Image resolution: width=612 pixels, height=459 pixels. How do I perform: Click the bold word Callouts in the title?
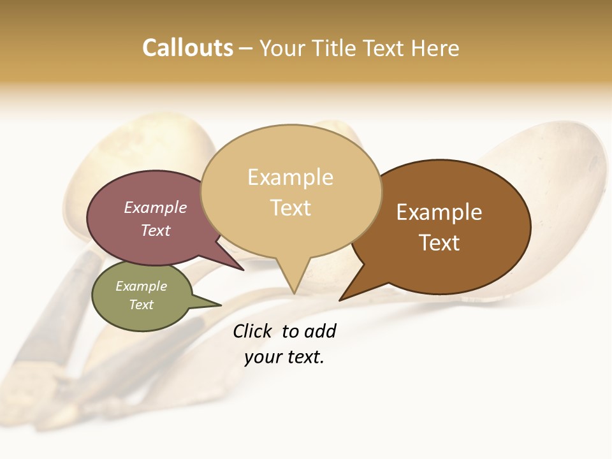[x=187, y=48]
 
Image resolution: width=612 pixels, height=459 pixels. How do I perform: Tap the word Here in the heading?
[x=435, y=48]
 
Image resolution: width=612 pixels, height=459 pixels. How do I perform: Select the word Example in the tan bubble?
[x=290, y=177]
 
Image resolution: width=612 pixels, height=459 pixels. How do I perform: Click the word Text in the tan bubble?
[x=290, y=208]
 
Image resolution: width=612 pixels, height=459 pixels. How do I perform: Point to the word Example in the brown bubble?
[x=439, y=212]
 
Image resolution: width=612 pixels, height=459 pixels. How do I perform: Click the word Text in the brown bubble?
[x=439, y=243]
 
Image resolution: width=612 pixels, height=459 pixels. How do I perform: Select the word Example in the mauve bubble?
[x=156, y=208]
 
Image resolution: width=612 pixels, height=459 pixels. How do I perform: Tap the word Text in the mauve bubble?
[x=156, y=231]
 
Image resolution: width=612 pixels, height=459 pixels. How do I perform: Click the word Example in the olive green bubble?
[x=142, y=286]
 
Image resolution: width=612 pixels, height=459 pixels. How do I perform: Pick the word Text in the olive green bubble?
[x=142, y=305]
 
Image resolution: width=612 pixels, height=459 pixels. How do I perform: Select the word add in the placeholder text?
[x=319, y=331]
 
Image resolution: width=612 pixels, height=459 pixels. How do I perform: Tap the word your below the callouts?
[x=263, y=357]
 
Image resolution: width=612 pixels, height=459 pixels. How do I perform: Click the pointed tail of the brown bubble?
[x=342, y=299]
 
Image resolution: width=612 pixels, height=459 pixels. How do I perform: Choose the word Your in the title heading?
[x=282, y=48]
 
